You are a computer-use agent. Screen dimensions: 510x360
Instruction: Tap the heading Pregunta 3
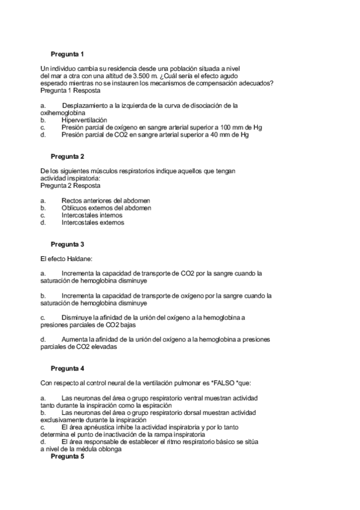click(67, 244)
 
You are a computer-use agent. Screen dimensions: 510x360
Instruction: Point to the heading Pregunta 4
click(67, 367)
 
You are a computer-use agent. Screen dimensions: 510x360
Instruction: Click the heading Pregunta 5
click(67, 456)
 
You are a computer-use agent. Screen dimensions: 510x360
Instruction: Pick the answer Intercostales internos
click(92, 215)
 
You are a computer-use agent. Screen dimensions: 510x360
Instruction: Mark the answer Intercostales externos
click(93, 222)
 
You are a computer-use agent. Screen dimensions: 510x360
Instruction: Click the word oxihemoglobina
click(63, 112)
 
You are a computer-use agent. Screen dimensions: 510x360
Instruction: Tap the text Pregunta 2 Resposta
click(71, 186)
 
